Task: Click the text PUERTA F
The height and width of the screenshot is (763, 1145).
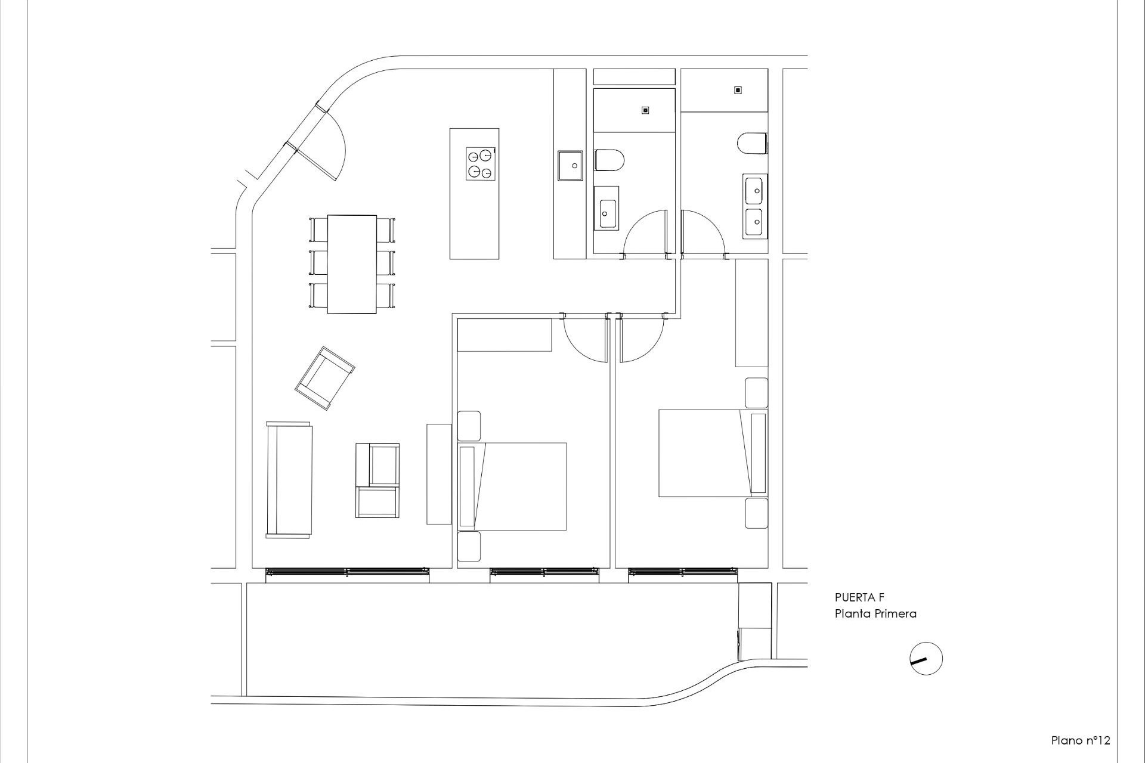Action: click(x=859, y=598)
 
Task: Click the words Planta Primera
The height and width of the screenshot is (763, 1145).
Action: click(x=875, y=613)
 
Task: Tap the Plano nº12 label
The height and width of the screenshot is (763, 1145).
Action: click(x=1080, y=740)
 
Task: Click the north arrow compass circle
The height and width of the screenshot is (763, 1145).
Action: click(x=926, y=659)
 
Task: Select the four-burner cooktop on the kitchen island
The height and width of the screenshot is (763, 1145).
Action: click(x=481, y=163)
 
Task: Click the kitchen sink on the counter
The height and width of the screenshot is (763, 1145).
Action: click(x=570, y=165)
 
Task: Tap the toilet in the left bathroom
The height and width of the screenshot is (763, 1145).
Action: click(x=609, y=160)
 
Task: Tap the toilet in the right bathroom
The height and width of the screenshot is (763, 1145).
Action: click(x=752, y=144)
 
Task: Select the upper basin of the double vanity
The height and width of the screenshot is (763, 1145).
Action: click(x=753, y=190)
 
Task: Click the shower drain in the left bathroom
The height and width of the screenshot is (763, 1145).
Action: click(x=645, y=110)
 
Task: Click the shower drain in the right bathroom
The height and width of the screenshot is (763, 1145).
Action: click(x=738, y=90)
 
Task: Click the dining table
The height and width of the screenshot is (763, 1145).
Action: click(x=352, y=264)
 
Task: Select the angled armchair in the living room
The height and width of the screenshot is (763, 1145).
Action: click(x=324, y=378)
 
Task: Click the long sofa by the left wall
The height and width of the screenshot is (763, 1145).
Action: click(x=289, y=480)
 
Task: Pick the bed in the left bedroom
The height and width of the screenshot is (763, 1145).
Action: click(x=513, y=486)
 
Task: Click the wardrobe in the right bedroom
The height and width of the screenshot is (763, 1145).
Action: click(x=751, y=313)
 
